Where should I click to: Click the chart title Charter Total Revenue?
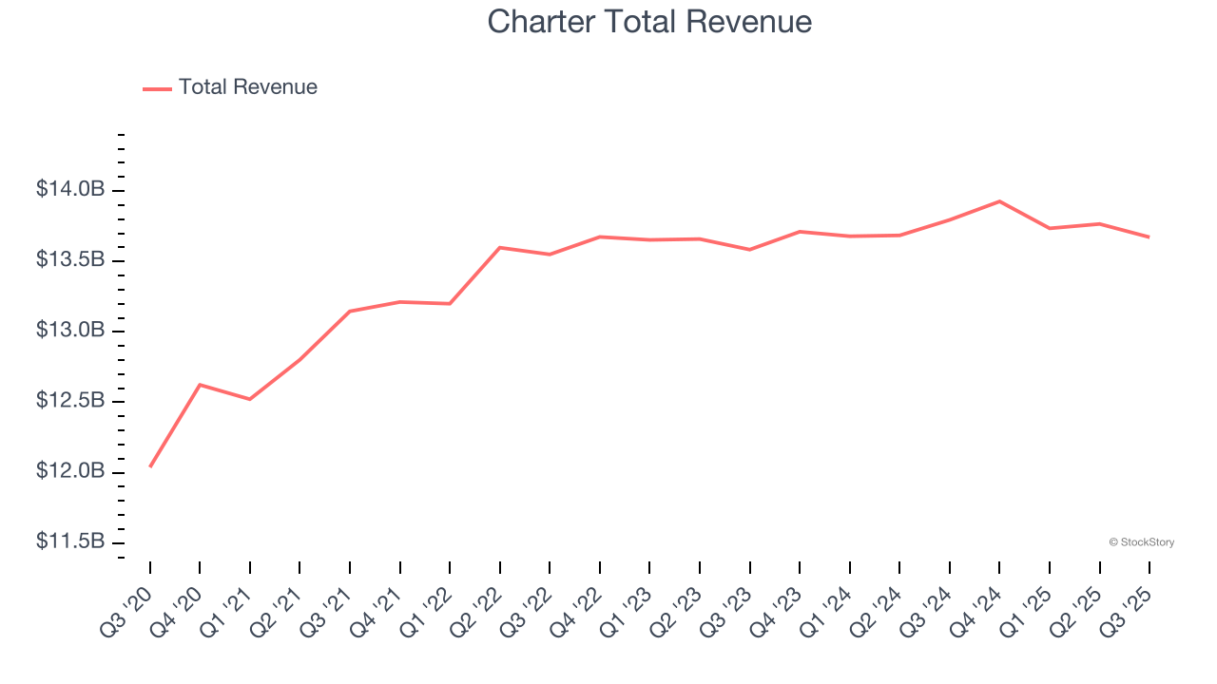click(x=649, y=21)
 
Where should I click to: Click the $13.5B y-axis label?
click(x=70, y=260)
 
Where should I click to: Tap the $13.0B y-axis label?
click(x=70, y=331)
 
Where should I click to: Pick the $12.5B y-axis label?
click(x=70, y=401)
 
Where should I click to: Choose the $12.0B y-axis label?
click(x=70, y=471)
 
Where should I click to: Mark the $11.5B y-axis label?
click(x=70, y=541)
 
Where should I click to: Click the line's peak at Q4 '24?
click(x=999, y=201)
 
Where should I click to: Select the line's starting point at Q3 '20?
click(x=150, y=466)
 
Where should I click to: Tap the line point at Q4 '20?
click(x=200, y=385)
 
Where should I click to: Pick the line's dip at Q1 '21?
click(x=250, y=399)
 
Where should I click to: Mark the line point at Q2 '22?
click(x=500, y=248)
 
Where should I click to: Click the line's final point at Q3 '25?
click(x=1149, y=237)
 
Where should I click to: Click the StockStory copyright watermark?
click(x=1141, y=542)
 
